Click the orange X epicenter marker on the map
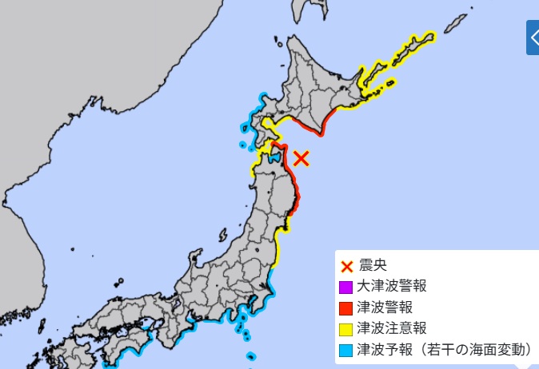point(301,157)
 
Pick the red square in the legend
point(346,307)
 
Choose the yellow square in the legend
point(346,328)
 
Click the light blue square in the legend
point(346,349)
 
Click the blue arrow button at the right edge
point(533,38)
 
